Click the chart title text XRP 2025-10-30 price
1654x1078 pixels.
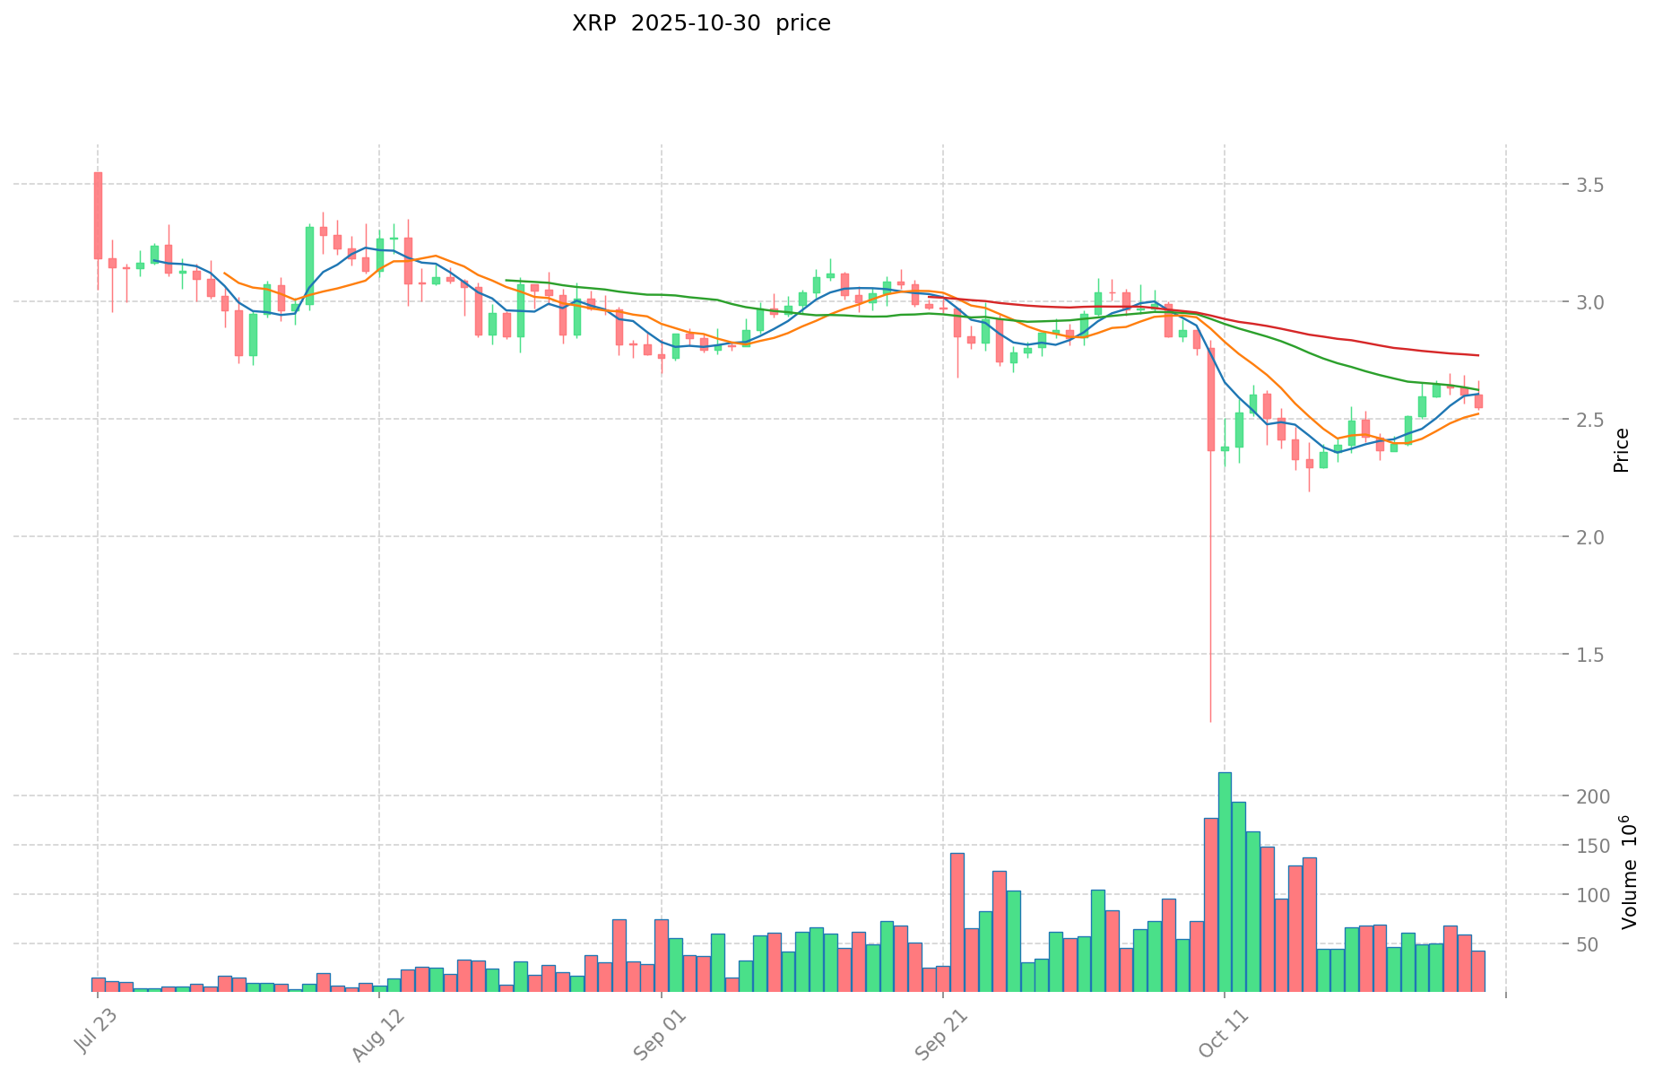701,24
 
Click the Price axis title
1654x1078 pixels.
1620,450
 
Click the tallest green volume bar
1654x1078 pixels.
1225,881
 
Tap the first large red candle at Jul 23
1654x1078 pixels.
98,215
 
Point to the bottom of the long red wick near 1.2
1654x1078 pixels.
1210,720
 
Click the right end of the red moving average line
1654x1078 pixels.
1477,355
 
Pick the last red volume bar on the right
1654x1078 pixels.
1478,970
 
